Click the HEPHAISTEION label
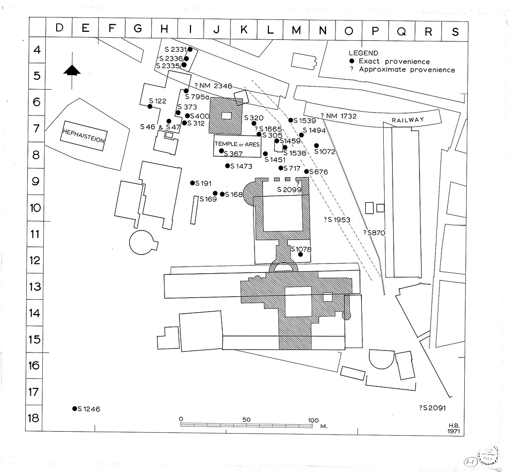click(84, 136)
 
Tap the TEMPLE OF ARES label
click(237, 144)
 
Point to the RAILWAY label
click(408, 120)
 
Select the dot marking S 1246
click(75, 409)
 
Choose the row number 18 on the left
click(33, 417)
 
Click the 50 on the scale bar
click(246, 419)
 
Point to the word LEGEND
click(363, 53)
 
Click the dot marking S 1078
click(300, 254)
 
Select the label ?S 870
click(374, 233)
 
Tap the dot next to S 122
click(150, 106)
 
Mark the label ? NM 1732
click(339, 116)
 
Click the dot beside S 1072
click(317, 145)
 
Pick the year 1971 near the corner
click(453, 432)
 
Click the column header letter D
click(59, 28)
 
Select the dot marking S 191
click(192, 183)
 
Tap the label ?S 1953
click(337, 220)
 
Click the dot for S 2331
click(190, 49)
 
